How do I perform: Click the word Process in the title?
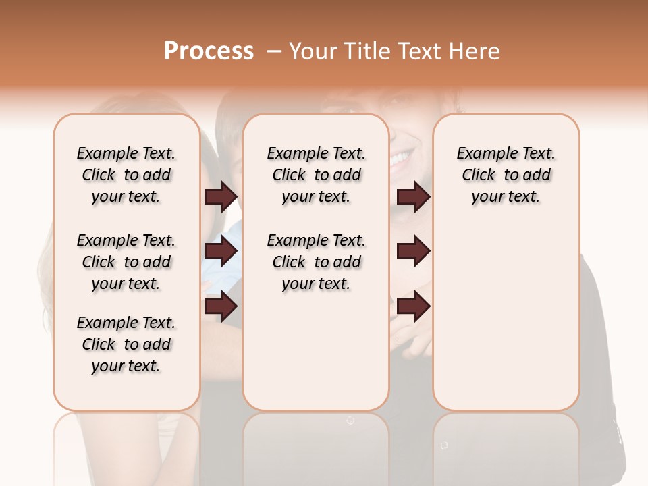pyautogui.click(x=209, y=51)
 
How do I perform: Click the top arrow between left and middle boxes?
pyautogui.click(x=221, y=196)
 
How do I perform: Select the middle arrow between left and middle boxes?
pyautogui.click(x=221, y=252)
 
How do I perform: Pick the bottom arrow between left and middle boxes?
pyautogui.click(x=221, y=307)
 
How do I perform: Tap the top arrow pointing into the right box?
pyautogui.click(x=413, y=196)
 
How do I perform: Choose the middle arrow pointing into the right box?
pyautogui.click(x=413, y=252)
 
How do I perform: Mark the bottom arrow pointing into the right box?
pyautogui.click(x=413, y=307)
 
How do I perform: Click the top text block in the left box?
pyautogui.click(x=126, y=175)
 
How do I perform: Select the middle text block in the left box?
pyautogui.click(x=126, y=262)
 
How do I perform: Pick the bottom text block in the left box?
pyautogui.click(x=126, y=344)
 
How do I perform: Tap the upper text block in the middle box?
pyautogui.click(x=316, y=175)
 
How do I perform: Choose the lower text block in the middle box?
pyautogui.click(x=316, y=262)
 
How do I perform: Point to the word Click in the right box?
pyautogui.click(x=479, y=175)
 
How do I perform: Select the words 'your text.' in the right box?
pyautogui.click(x=506, y=197)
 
